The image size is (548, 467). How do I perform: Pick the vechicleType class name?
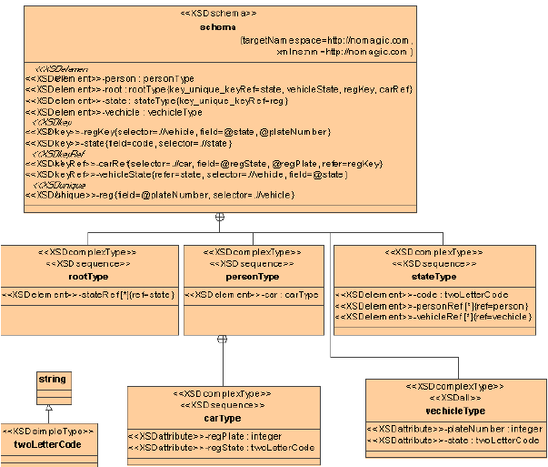[x=454, y=411]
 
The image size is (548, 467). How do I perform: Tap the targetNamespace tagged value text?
[x=326, y=41]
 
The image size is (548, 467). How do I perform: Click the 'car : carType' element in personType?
[x=252, y=295]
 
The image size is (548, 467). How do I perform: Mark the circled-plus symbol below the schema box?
[x=219, y=218]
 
